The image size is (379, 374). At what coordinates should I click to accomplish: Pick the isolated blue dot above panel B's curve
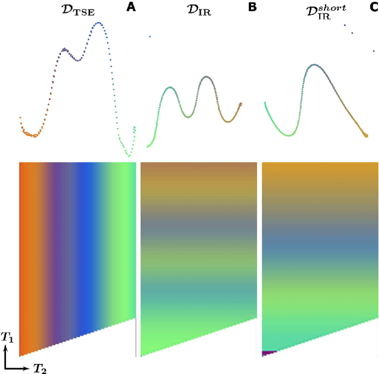click(x=150, y=37)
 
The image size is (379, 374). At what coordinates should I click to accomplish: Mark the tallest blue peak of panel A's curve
click(x=99, y=23)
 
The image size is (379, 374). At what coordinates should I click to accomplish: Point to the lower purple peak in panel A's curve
click(x=65, y=49)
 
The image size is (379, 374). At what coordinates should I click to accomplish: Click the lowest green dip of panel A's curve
click(x=129, y=156)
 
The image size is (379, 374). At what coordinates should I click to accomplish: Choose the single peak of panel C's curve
click(x=314, y=64)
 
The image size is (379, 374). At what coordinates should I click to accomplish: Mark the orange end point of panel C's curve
click(x=366, y=135)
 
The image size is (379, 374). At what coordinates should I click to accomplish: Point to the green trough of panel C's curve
click(x=288, y=136)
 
